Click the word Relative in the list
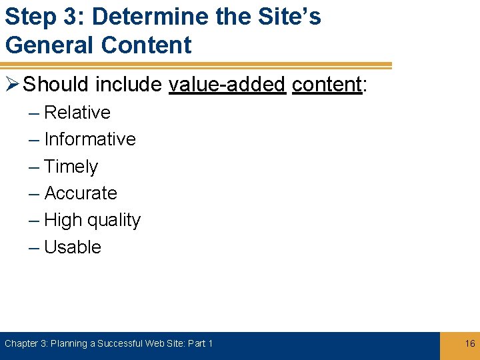click(x=77, y=113)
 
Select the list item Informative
click(x=90, y=139)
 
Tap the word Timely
click(x=71, y=167)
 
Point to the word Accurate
click(x=81, y=193)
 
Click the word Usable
click(x=73, y=247)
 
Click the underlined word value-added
click(x=227, y=85)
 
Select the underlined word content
click(x=327, y=85)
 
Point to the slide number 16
click(x=470, y=343)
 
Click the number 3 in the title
click(x=69, y=17)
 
